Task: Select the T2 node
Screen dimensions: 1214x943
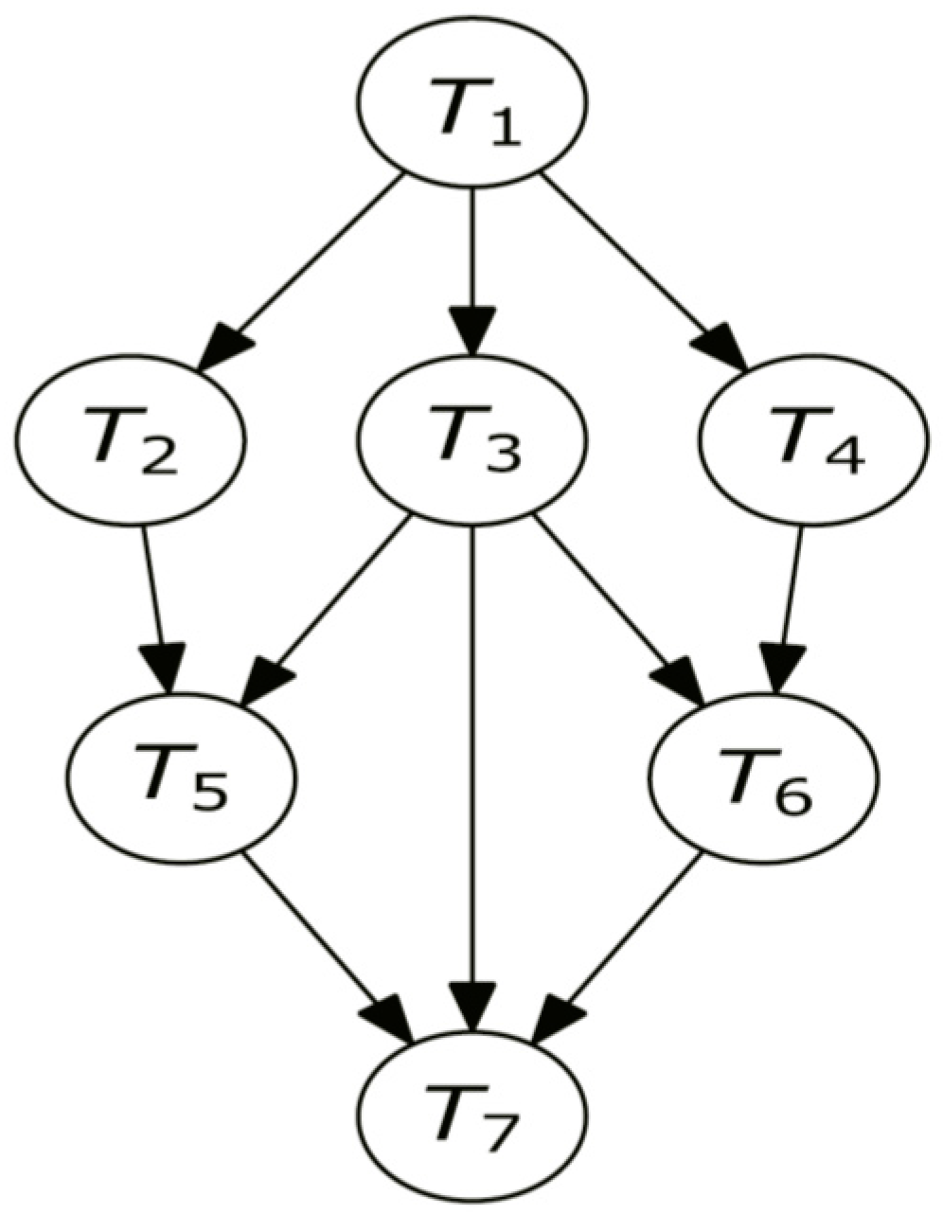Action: [x=130, y=439]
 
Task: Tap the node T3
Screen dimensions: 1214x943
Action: [x=471, y=439]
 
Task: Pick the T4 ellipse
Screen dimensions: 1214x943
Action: [x=812, y=439]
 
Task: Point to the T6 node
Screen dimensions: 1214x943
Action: [x=764, y=776]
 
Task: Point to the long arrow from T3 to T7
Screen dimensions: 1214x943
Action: [x=471, y=777]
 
